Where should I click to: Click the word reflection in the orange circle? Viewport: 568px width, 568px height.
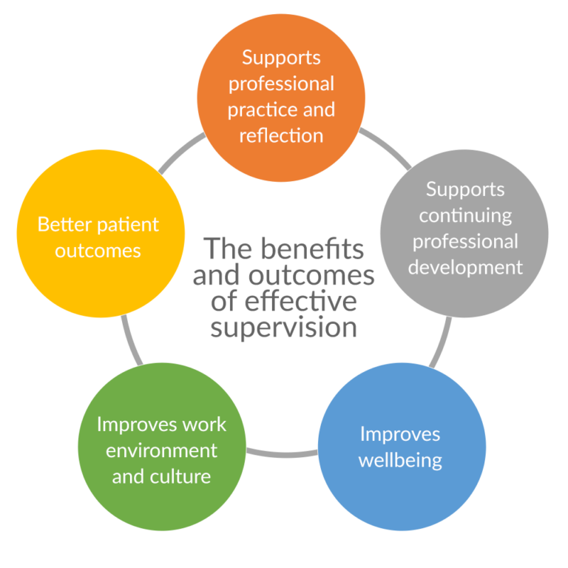pyautogui.click(x=281, y=136)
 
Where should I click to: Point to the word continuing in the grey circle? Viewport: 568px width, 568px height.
pyautogui.click(x=465, y=215)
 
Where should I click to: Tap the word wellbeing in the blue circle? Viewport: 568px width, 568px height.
pyautogui.click(x=400, y=460)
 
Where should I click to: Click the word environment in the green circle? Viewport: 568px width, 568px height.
pyautogui.click(x=161, y=450)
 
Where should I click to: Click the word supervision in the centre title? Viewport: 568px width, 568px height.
pyautogui.click(x=283, y=327)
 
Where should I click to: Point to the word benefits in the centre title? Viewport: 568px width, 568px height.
pyautogui.click(x=322, y=250)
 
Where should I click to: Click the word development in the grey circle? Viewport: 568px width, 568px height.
pyautogui.click(x=464, y=267)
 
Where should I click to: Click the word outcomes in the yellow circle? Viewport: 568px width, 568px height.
pyautogui.click(x=100, y=250)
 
